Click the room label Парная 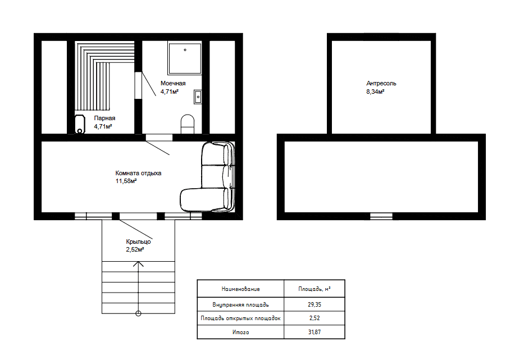point(104,119)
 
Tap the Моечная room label point(173,84)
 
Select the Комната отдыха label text point(138,173)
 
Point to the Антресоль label point(381,84)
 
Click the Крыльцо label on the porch point(138,241)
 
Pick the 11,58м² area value point(126,181)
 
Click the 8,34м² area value point(375,92)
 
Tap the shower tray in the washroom point(185,58)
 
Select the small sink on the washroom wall point(198,97)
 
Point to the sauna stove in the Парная point(80,124)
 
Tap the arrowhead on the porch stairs point(138,264)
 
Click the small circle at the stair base point(138,314)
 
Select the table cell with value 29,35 point(315,304)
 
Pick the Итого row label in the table point(240,332)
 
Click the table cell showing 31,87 point(315,332)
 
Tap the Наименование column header point(240,289)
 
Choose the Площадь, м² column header point(315,289)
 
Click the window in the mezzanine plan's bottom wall point(381,216)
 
